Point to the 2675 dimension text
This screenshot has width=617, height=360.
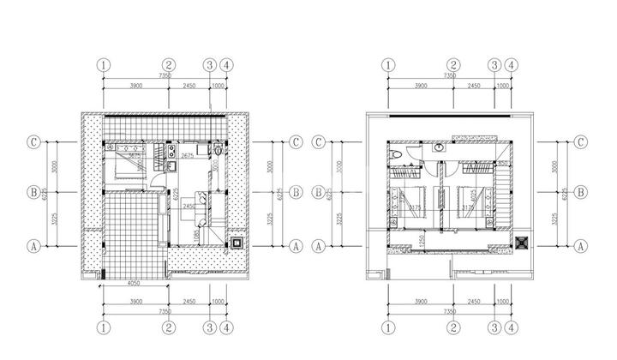tap(187, 156)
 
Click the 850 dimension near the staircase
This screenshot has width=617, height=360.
tap(505, 163)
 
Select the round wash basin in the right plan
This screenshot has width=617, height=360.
tap(440, 147)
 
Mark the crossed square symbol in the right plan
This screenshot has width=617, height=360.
tap(519, 243)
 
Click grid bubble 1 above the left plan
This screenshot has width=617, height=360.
tap(104, 64)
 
